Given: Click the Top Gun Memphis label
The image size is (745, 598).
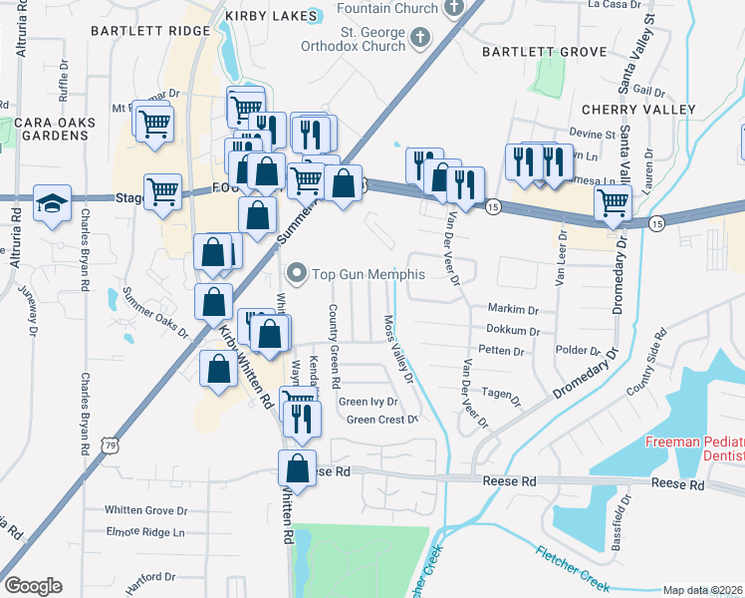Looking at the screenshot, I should pyautogui.click(x=370, y=274).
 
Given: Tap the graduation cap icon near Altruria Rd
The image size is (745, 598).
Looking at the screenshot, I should pyautogui.click(x=51, y=202).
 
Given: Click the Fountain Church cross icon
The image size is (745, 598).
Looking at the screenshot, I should pyautogui.click(x=454, y=8).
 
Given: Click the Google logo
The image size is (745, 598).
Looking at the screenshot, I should pyautogui.click(x=33, y=586).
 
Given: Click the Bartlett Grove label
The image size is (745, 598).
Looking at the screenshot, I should pyautogui.click(x=544, y=51).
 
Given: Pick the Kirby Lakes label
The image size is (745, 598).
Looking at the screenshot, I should pyautogui.click(x=263, y=16).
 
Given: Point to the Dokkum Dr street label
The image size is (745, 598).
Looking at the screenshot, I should pyautogui.click(x=514, y=330).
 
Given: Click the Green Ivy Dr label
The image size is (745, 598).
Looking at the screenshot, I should pyautogui.click(x=369, y=402).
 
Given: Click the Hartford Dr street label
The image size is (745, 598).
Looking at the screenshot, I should pyautogui.click(x=150, y=576).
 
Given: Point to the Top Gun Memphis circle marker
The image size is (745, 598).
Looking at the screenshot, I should pyautogui.click(x=296, y=273).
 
